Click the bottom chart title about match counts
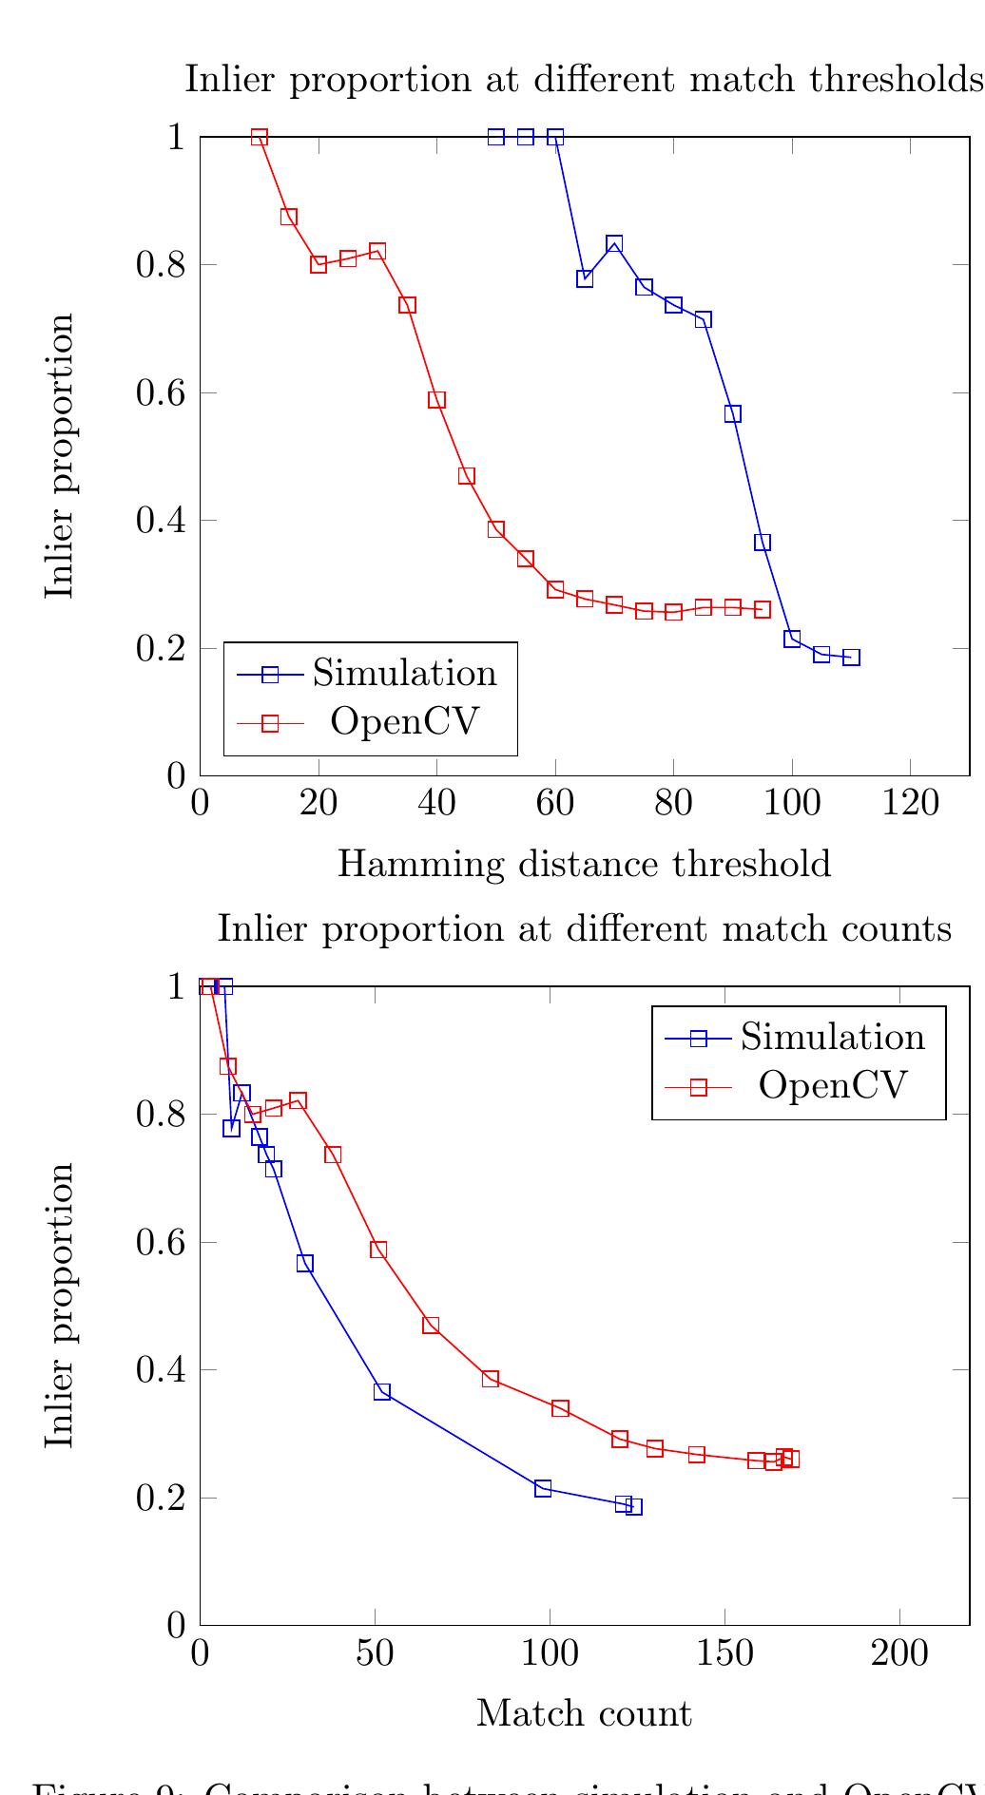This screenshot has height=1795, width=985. (584, 928)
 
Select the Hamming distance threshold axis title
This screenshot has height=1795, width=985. (584, 865)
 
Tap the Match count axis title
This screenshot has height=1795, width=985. (584, 1713)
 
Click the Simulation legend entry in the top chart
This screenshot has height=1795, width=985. (404, 673)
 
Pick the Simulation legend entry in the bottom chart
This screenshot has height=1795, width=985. (832, 1037)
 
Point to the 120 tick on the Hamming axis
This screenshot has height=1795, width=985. (910, 804)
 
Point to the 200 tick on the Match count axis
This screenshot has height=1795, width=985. (899, 1653)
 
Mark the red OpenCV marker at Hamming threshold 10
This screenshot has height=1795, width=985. (260, 137)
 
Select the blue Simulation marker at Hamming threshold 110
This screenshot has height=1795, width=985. (851, 658)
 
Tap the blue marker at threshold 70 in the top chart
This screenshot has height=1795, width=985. (614, 244)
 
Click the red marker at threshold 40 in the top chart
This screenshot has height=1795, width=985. (436, 400)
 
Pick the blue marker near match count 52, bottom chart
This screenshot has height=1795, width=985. (382, 1391)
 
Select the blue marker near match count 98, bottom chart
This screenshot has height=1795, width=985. (543, 1488)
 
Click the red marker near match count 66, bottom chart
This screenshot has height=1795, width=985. (431, 1325)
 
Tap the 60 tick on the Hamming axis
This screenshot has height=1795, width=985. (555, 804)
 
